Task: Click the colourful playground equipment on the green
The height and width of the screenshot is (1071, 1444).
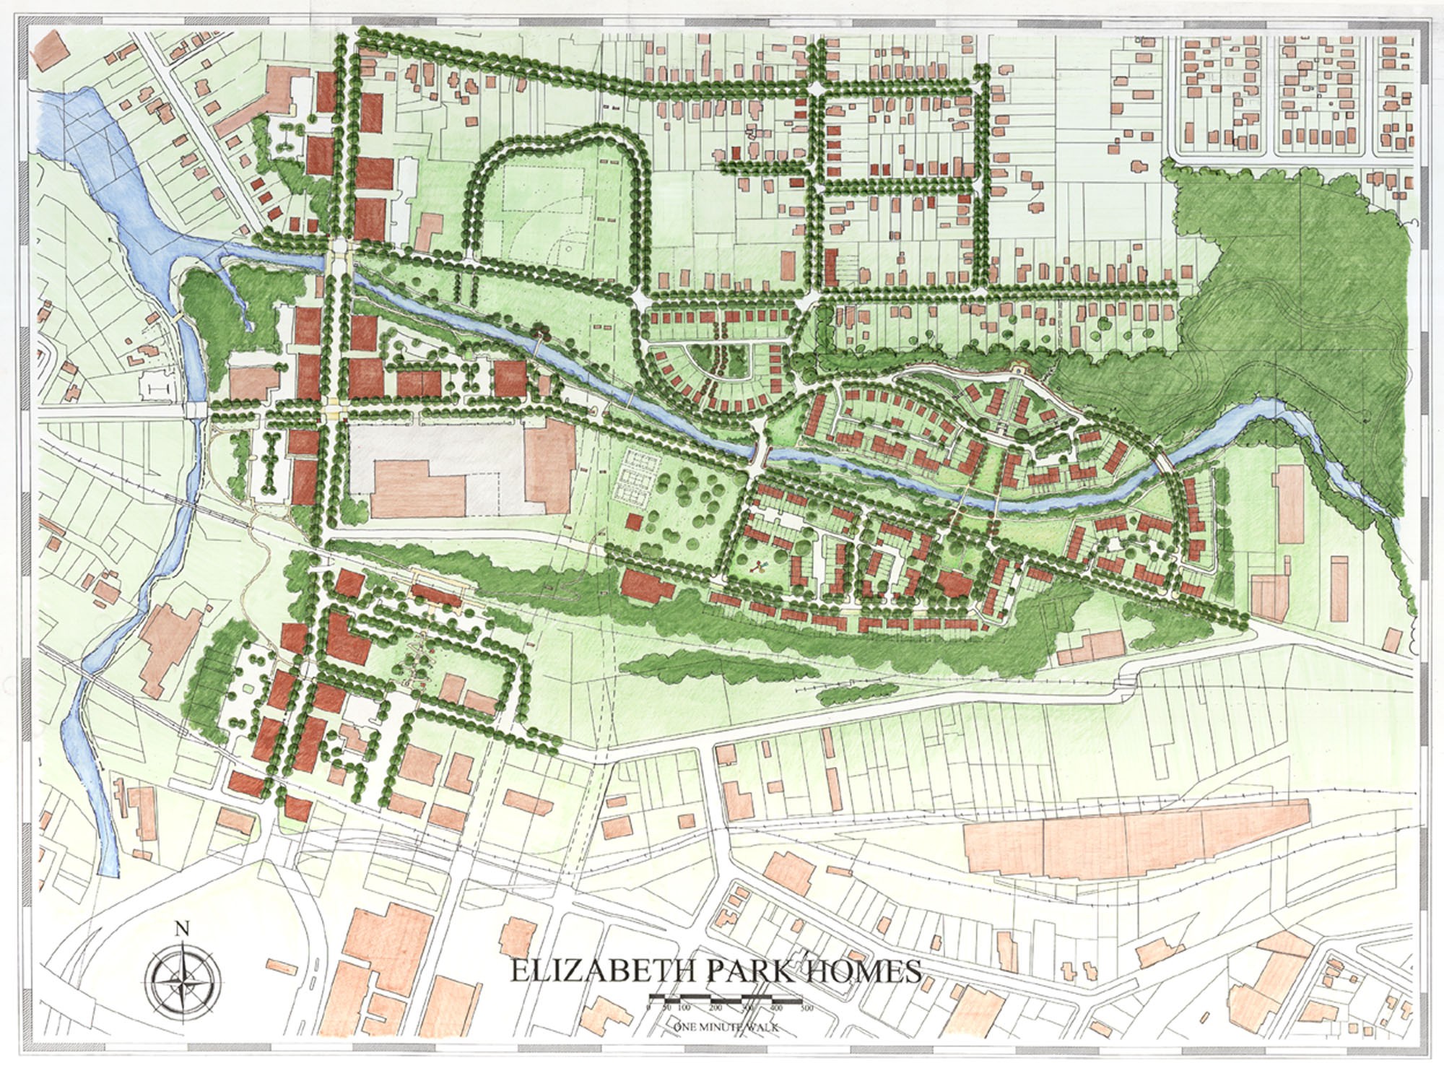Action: (757, 567)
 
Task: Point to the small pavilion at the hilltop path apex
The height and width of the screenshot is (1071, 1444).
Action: (1019, 369)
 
